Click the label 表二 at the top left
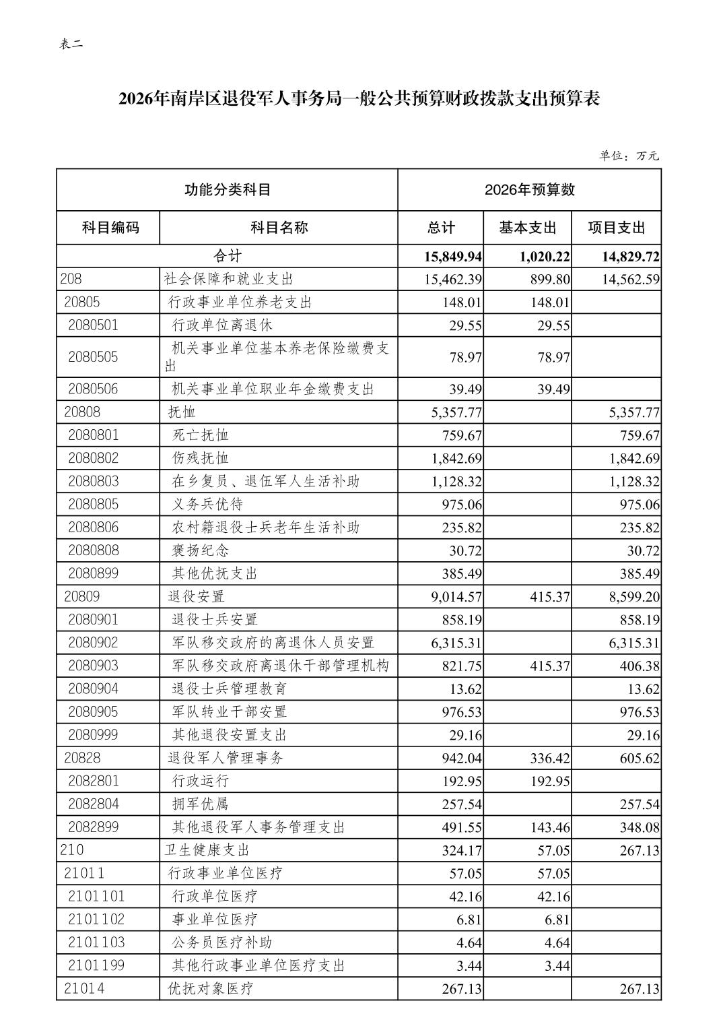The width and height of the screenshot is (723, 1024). click(71, 44)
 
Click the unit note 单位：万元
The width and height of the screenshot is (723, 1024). click(629, 156)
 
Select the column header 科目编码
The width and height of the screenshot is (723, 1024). click(110, 227)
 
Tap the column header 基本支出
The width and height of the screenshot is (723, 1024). click(528, 227)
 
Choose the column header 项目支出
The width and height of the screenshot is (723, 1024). click(616, 227)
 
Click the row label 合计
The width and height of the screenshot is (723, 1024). click(227, 256)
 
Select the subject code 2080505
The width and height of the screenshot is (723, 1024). click(93, 356)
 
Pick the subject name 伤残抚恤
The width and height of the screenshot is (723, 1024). click(201, 458)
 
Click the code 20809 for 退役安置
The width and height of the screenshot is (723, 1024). click(82, 596)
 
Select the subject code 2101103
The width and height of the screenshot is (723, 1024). click(96, 942)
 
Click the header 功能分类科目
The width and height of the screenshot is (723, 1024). click(228, 189)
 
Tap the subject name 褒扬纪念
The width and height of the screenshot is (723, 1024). click(201, 550)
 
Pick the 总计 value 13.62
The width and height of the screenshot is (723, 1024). click(465, 689)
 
